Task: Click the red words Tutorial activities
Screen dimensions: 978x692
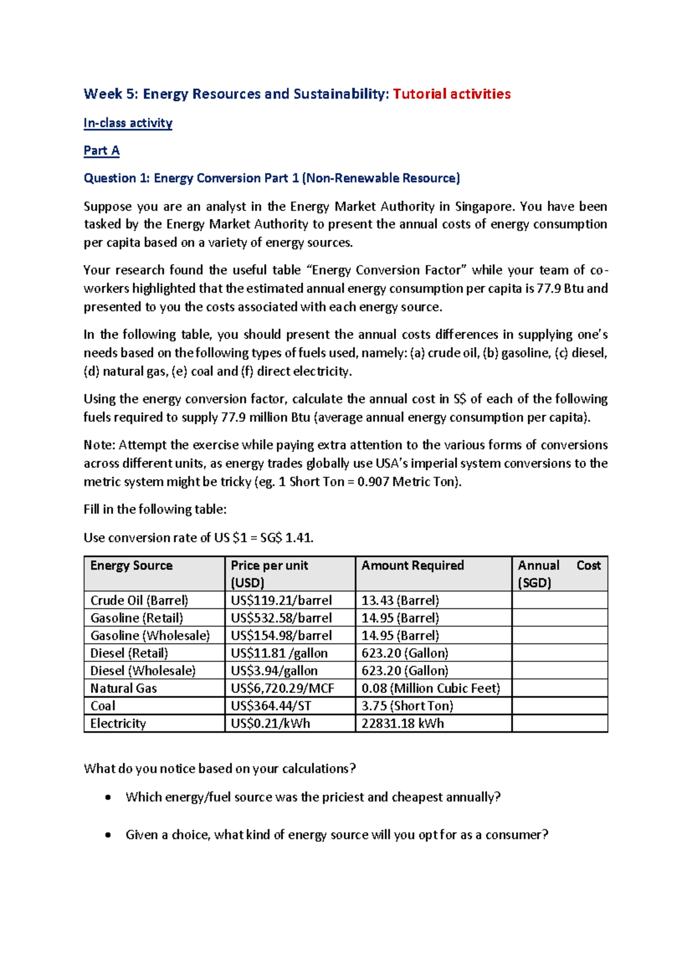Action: (x=452, y=94)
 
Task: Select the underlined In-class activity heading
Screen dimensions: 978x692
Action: (x=127, y=123)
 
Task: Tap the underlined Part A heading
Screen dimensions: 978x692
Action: (x=101, y=151)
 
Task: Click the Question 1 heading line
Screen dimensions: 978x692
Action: (x=272, y=178)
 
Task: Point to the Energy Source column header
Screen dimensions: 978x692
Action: (x=131, y=566)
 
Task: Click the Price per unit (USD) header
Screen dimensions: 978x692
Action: (x=269, y=574)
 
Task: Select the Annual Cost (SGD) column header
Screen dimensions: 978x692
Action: (x=559, y=574)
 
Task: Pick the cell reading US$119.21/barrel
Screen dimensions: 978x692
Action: (x=281, y=600)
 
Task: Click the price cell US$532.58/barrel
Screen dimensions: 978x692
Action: (x=281, y=618)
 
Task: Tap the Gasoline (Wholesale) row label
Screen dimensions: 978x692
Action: (x=150, y=635)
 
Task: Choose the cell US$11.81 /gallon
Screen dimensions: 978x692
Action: (x=279, y=653)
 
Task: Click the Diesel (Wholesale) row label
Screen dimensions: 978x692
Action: (x=143, y=671)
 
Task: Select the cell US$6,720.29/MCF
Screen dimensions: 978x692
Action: (x=283, y=689)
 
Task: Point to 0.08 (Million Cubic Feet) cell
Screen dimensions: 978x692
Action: (x=431, y=689)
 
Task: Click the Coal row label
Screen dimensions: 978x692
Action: (x=103, y=706)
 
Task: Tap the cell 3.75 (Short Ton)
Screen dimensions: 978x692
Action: (x=407, y=706)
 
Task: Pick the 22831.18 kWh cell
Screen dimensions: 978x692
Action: (x=403, y=724)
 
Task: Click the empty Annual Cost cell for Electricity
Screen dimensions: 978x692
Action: (x=559, y=724)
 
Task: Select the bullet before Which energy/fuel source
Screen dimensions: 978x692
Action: (x=108, y=798)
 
